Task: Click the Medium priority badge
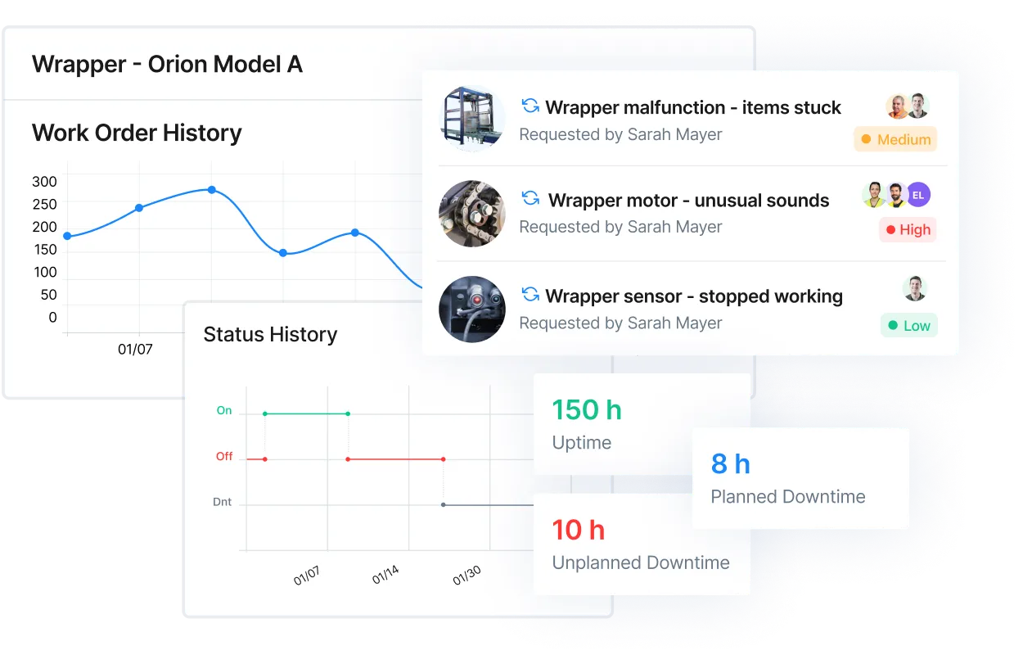pyautogui.click(x=895, y=139)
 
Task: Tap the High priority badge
pyautogui.click(x=907, y=230)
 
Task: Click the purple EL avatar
pyautogui.click(x=918, y=195)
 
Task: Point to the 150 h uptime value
pyautogui.click(x=587, y=409)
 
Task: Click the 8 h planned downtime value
pyautogui.click(x=730, y=464)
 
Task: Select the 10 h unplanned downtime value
pyautogui.click(x=578, y=530)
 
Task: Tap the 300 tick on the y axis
pyautogui.click(x=44, y=182)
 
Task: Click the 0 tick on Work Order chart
pyautogui.click(x=52, y=318)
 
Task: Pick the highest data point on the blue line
pyautogui.click(x=211, y=190)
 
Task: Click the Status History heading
pyautogui.click(x=270, y=334)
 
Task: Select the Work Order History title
pyautogui.click(x=137, y=133)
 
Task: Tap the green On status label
pyautogui.click(x=224, y=411)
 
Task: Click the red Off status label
pyautogui.click(x=224, y=457)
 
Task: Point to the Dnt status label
pyautogui.click(x=222, y=502)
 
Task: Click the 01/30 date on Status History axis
pyautogui.click(x=466, y=576)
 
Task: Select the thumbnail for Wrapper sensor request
pyautogui.click(x=471, y=309)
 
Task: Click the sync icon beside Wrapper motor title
pyautogui.click(x=530, y=199)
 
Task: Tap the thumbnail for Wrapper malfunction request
pyautogui.click(x=471, y=119)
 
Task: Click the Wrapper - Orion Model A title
pyautogui.click(x=167, y=64)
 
